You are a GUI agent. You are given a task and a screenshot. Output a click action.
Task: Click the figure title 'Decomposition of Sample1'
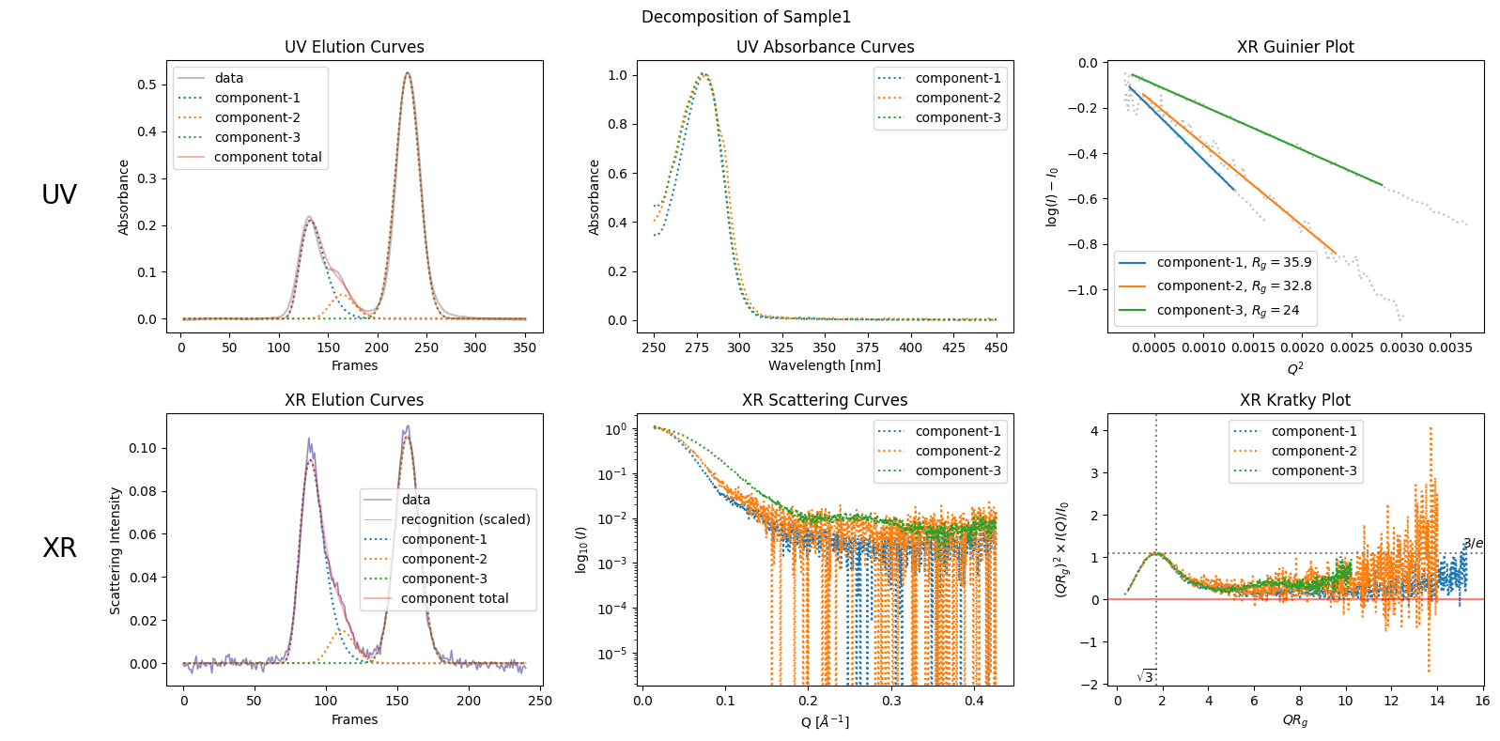click(746, 17)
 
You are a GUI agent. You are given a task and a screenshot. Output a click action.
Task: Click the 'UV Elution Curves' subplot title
click(354, 47)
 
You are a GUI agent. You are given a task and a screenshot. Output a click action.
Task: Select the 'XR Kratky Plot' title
click(1295, 400)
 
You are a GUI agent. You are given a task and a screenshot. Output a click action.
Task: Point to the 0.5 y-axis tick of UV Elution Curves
click(147, 85)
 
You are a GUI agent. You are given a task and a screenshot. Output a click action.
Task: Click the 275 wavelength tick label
click(696, 348)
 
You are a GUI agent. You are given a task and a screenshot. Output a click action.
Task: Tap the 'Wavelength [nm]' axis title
click(825, 365)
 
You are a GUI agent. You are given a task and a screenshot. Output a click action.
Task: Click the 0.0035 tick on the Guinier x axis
click(1450, 348)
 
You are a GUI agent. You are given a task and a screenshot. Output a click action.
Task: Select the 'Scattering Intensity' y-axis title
click(116, 551)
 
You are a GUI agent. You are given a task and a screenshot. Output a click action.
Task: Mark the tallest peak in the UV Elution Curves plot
click(407, 73)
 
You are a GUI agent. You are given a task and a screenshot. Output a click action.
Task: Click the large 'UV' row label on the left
click(59, 194)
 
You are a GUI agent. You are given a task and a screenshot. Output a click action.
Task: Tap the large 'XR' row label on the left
click(59, 548)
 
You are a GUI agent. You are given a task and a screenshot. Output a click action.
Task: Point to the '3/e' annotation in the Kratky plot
click(1473, 543)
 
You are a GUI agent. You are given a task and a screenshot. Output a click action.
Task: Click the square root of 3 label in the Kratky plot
click(1147, 676)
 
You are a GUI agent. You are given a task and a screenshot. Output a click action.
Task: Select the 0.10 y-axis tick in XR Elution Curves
click(143, 448)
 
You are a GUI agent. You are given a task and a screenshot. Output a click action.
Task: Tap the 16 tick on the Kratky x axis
click(1482, 701)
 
